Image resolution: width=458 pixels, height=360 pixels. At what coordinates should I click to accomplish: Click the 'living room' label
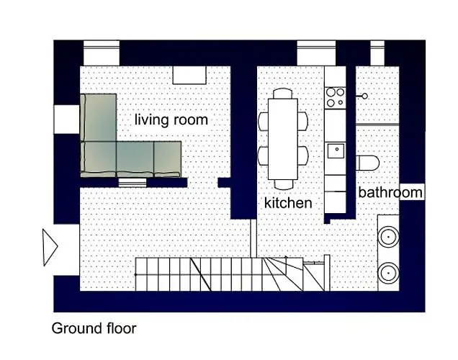click(171, 120)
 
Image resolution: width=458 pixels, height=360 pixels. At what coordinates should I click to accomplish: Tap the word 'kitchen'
click(288, 202)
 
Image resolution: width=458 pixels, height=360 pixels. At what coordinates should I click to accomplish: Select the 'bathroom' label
click(390, 192)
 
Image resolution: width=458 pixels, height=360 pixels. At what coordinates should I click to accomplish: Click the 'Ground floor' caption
click(94, 328)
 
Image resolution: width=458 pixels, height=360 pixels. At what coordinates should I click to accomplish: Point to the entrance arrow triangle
click(50, 247)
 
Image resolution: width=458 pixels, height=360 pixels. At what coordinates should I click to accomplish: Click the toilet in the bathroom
click(368, 163)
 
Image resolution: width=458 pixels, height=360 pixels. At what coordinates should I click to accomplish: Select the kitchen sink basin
click(336, 150)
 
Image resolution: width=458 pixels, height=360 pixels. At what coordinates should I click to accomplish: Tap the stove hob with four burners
click(336, 97)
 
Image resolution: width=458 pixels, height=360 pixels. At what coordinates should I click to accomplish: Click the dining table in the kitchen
click(283, 139)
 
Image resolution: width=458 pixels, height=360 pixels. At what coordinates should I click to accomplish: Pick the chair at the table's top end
click(283, 94)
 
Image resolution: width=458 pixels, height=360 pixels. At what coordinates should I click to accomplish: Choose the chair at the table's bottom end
click(283, 184)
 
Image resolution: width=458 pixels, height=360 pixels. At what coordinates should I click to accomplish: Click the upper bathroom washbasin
click(388, 237)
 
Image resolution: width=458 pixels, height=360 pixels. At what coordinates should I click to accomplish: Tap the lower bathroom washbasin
click(388, 273)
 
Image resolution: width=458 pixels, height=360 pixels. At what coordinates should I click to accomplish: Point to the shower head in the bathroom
click(364, 96)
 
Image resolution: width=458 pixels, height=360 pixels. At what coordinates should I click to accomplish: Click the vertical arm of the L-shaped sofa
click(99, 117)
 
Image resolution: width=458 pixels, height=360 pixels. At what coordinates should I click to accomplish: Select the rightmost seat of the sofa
click(167, 159)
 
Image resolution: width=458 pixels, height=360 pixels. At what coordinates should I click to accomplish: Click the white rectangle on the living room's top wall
click(189, 76)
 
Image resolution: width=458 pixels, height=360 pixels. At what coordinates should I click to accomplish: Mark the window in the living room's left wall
click(67, 120)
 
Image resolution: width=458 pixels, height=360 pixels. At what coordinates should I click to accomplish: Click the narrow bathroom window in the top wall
click(377, 53)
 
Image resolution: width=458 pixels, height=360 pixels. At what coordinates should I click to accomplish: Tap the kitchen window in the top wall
click(316, 53)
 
